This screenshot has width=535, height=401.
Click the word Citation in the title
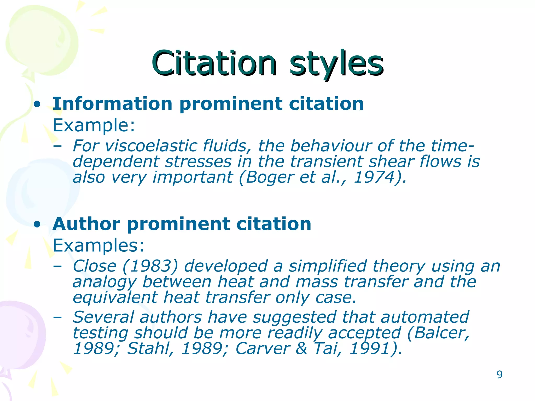tap(214, 63)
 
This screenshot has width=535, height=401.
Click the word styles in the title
tap(336, 63)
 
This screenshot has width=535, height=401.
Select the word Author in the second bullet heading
tap(86, 224)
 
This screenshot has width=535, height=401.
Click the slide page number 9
tap(499, 375)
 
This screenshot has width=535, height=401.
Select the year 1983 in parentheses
tap(150, 266)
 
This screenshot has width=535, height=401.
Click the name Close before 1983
tap(94, 266)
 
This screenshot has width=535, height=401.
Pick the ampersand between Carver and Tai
tap(301, 349)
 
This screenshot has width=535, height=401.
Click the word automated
tap(424, 317)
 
